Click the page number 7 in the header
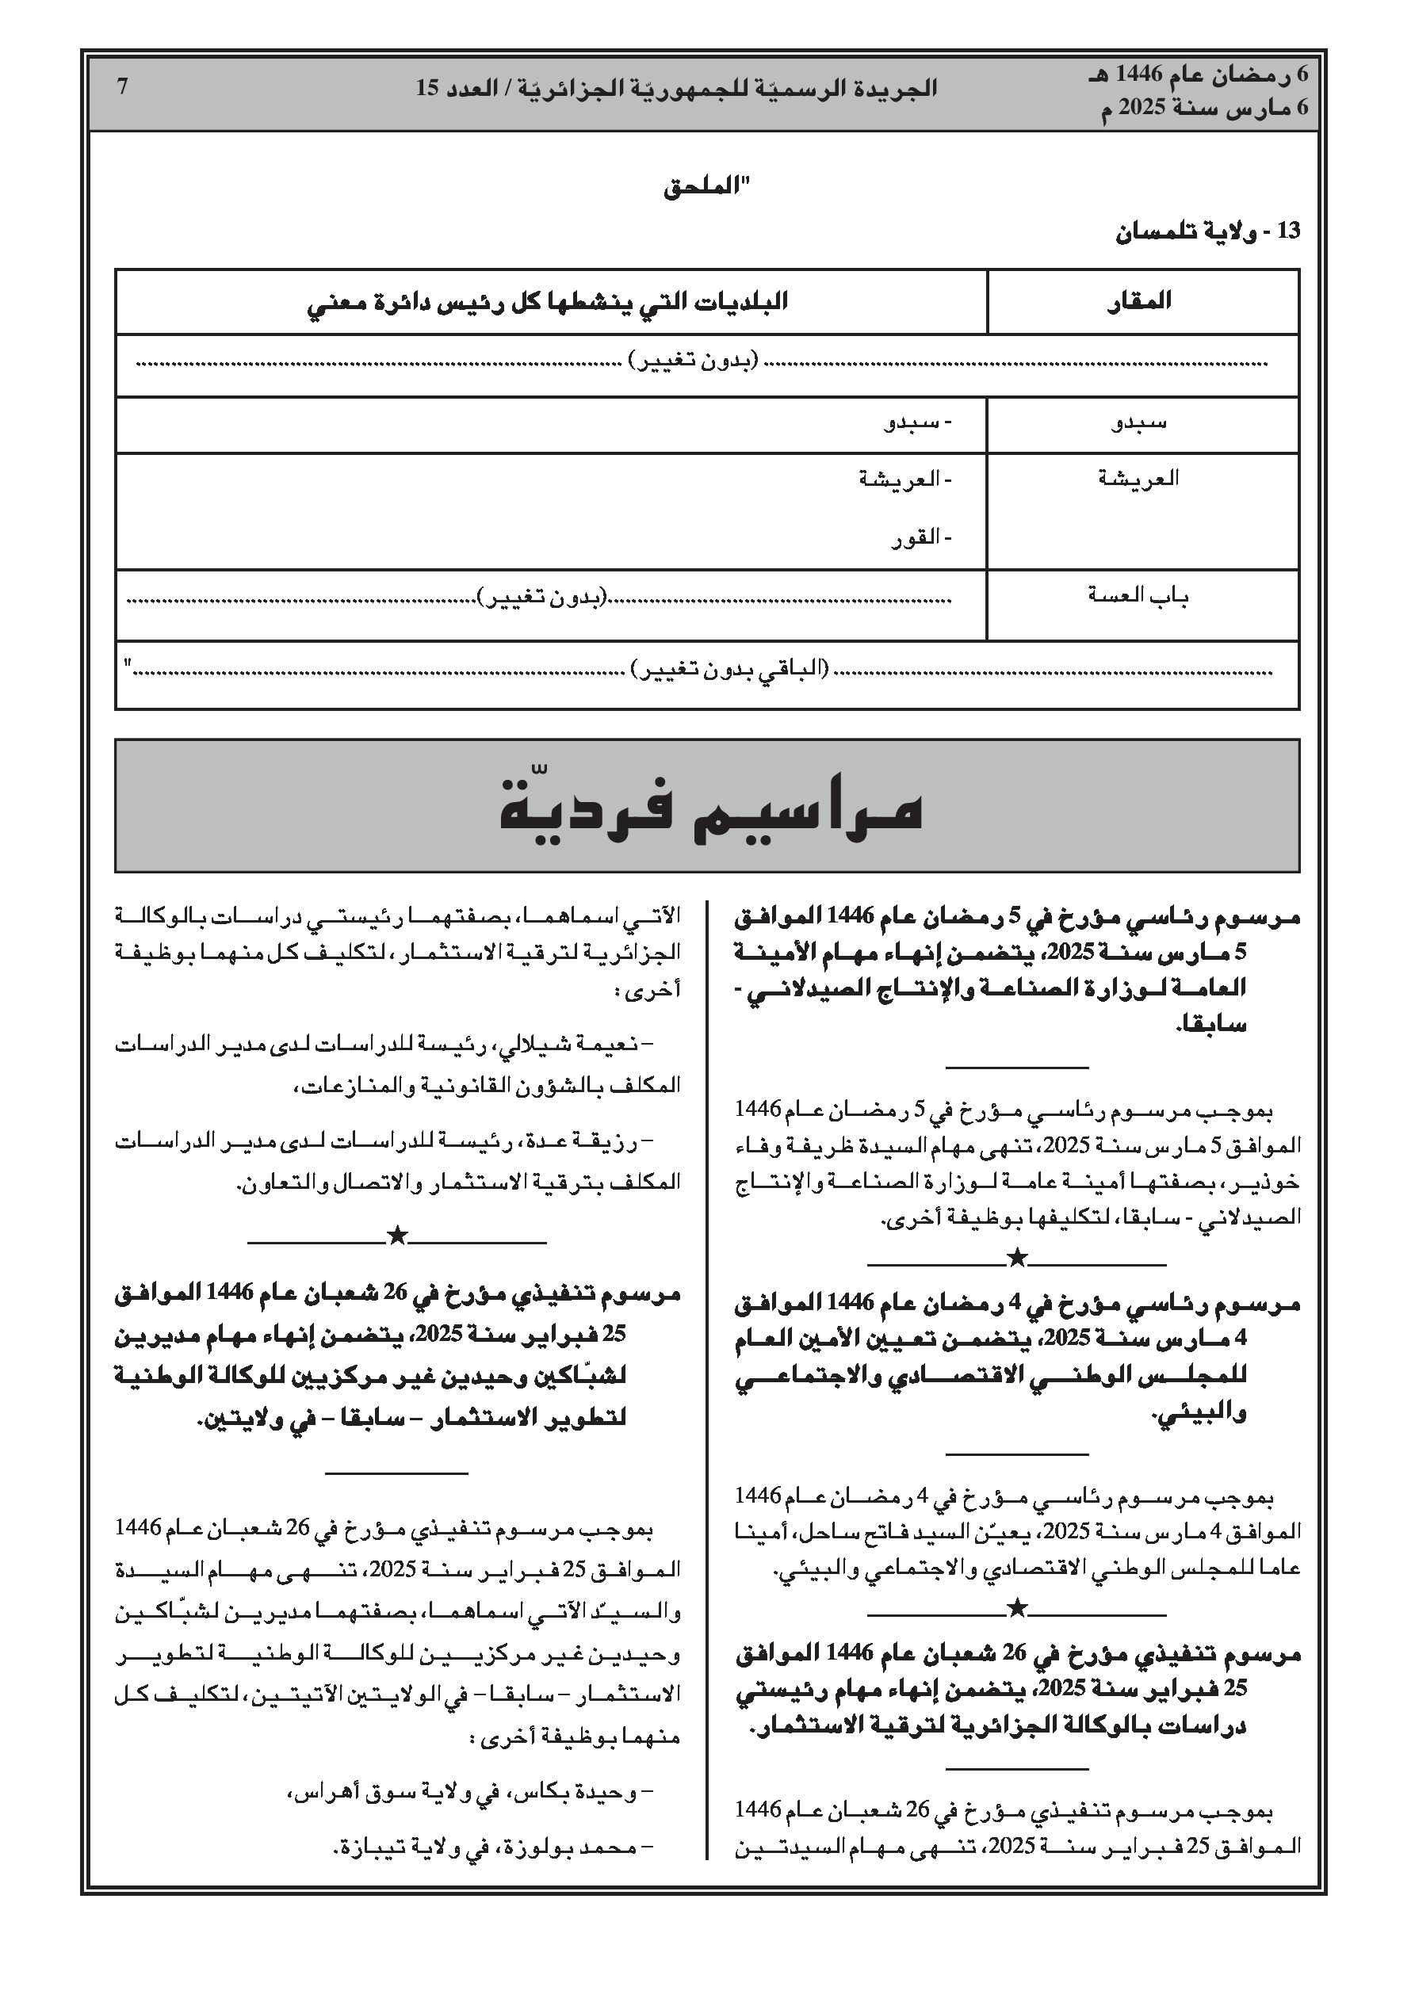click(123, 87)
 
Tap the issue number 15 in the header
click(426, 88)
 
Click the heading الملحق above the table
click(706, 188)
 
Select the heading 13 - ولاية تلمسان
click(1207, 232)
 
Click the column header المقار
click(1140, 302)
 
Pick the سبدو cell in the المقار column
click(1140, 424)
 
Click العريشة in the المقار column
click(1138, 478)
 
